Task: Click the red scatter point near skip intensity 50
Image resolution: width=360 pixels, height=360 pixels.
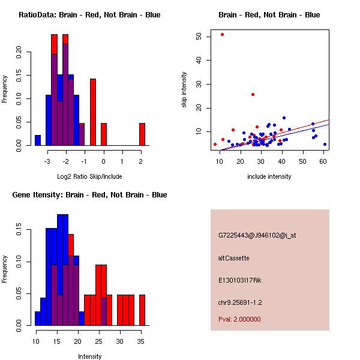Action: [222, 34]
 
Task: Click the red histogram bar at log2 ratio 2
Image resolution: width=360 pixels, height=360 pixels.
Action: [142, 134]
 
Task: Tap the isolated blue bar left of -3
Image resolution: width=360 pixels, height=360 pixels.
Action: [38, 140]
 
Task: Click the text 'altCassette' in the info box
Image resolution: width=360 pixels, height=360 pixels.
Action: [233, 258]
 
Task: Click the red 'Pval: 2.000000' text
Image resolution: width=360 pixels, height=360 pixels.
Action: [239, 319]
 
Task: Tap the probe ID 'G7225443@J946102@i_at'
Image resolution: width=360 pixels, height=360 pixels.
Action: [257, 235]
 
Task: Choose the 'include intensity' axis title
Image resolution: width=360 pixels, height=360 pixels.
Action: [269, 176]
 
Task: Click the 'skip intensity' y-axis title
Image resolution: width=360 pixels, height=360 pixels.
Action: [184, 90]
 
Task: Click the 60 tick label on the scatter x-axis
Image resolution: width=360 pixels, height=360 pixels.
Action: [323, 161]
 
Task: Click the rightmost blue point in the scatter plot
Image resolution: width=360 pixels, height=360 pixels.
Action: [325, 144]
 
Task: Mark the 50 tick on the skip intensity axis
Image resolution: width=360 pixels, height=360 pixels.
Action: [199, 37]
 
